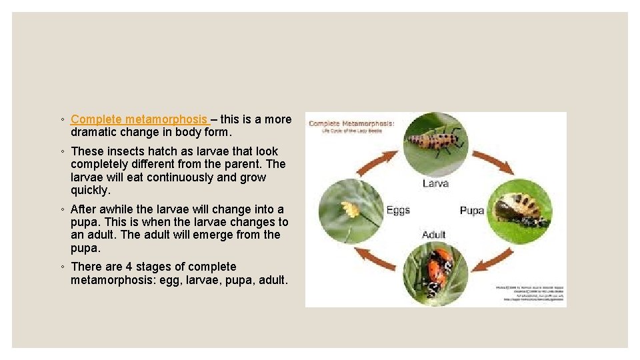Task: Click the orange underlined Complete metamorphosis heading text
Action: [x=139, y=119]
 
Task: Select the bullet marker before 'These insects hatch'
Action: [x=62, y=152]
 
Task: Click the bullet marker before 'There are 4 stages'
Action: [x=62, y=267]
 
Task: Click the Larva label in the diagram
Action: [x=435, y=183]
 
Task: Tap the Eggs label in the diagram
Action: [x=398, y=210]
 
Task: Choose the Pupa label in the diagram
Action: [x=471, y=211]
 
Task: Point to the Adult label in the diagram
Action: [x=434, y=235]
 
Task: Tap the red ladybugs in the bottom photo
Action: [x=437, y=268]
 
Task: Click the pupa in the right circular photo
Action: [x=520, y=209]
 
